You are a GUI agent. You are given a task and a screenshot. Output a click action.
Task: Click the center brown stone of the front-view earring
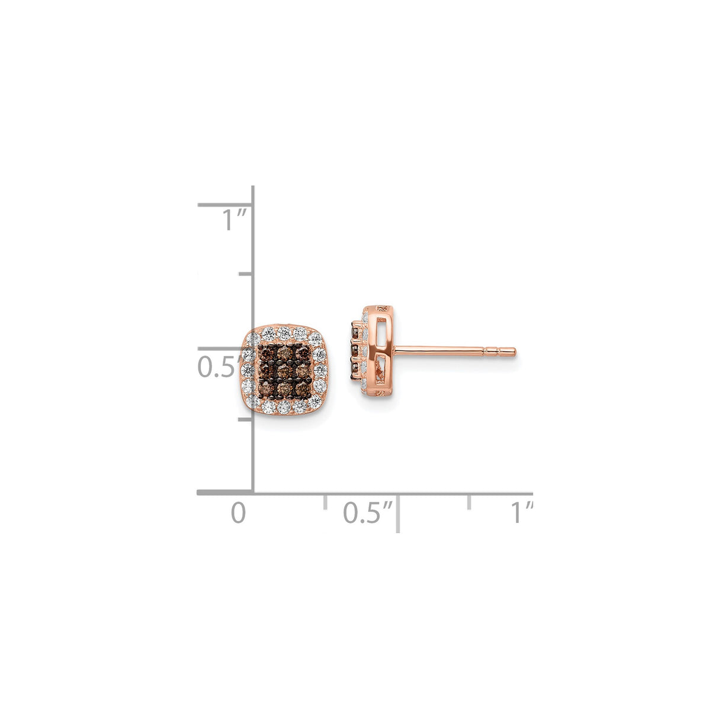pyautogui.click(x=285, y=371)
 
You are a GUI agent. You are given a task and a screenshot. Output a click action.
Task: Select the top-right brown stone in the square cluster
pyautogui.click(x=303, y=354)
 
